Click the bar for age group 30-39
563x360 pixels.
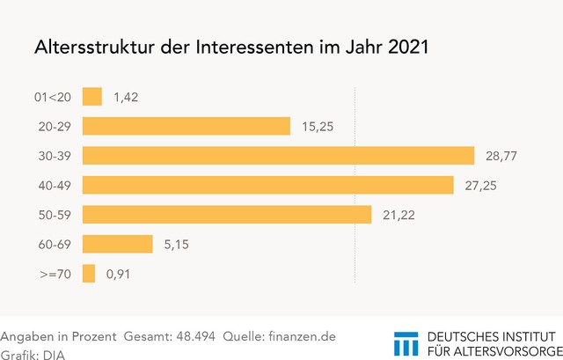coord(278,156)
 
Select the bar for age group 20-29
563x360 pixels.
coord(186,126)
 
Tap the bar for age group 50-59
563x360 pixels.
coord(227,215)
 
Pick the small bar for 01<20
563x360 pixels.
coord(92,97)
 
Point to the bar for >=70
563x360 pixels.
coord(89,275)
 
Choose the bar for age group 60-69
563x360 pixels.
coord(118,245)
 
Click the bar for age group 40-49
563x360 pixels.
coord(268,185)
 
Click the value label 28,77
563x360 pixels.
coord(501,156)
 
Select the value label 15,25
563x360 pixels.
coord(318,127)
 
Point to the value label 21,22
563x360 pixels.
coord(399,216)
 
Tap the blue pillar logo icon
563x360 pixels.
coord(406,344)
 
